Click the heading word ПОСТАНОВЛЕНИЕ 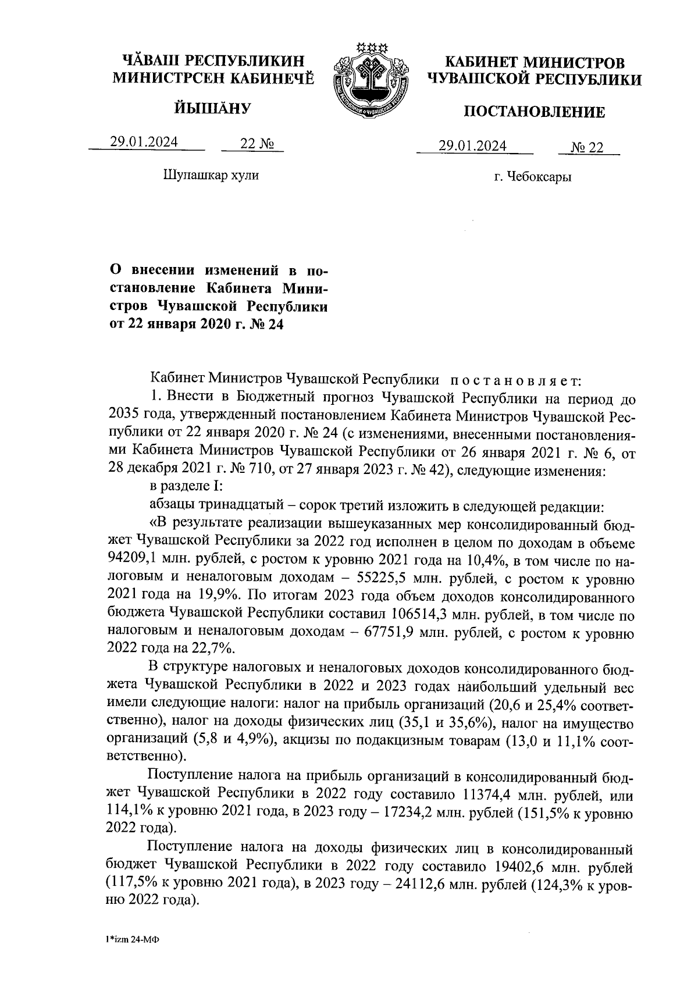pyautogui.click(x=534, y=112)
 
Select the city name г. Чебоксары pyautogui.click(x=533, y=177)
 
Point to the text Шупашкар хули pyautogui.click(x=212, y=174)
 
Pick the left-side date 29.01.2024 pyautogui.click(x=145, y=142)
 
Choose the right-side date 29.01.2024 pyautogui.click(x=473, y=145)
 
